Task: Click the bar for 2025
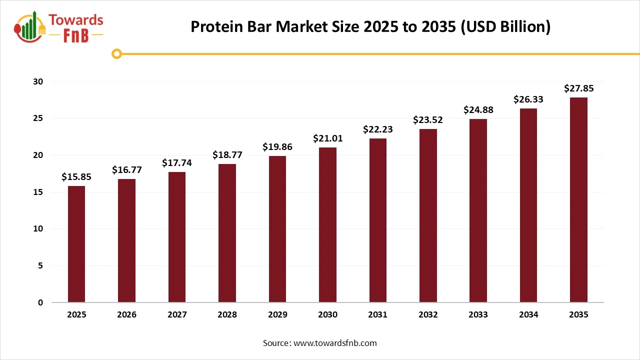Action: pos(76,244)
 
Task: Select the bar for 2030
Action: pos(327,225)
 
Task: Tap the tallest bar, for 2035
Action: pos(578,200)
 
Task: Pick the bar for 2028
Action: pos(227,233)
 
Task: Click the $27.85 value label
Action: pos(578,88)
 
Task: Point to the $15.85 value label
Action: pos(76,176)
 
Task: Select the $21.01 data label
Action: pos(327,138)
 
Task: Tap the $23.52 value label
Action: pos(428,120)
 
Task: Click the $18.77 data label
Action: pos(227,154)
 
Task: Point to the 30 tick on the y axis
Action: pos(39,81)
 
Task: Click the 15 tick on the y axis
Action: pos(39,192)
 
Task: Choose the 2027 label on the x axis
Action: pos(177,315)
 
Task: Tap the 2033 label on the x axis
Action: pos(478,315)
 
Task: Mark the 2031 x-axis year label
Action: pos(377,315)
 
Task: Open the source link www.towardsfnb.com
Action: pos(335,343)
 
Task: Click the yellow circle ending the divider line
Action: pos(116,53)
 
